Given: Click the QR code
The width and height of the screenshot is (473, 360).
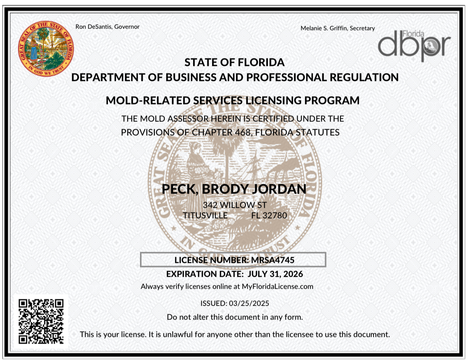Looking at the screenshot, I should pyautogui.click(x=41, y=321).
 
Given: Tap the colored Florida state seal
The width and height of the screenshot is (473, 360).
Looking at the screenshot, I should pyautogui.click(x=45, y=48).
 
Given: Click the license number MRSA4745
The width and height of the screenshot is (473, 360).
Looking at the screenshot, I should pyautogui.click(x=273, y=260).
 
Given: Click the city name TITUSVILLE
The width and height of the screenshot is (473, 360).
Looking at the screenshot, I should pyautogui.click(x=205, y=215).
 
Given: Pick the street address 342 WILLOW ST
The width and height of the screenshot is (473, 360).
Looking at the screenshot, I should pyautogui.click(x=235, y=205).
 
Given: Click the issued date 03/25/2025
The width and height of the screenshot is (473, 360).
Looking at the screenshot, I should pyautogui.click(x=249, y=303).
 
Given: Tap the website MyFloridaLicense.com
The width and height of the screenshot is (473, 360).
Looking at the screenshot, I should pyautogui.click(x=277, y=286).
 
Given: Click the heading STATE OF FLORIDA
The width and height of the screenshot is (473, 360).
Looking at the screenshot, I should pyautogui.click(x=234, y=62).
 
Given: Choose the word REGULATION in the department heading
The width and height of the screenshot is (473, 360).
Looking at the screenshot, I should pyautogui.click(x=364, y=77).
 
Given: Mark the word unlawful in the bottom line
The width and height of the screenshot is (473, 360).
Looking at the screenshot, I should pyautogui.click(x=177, y=334).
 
